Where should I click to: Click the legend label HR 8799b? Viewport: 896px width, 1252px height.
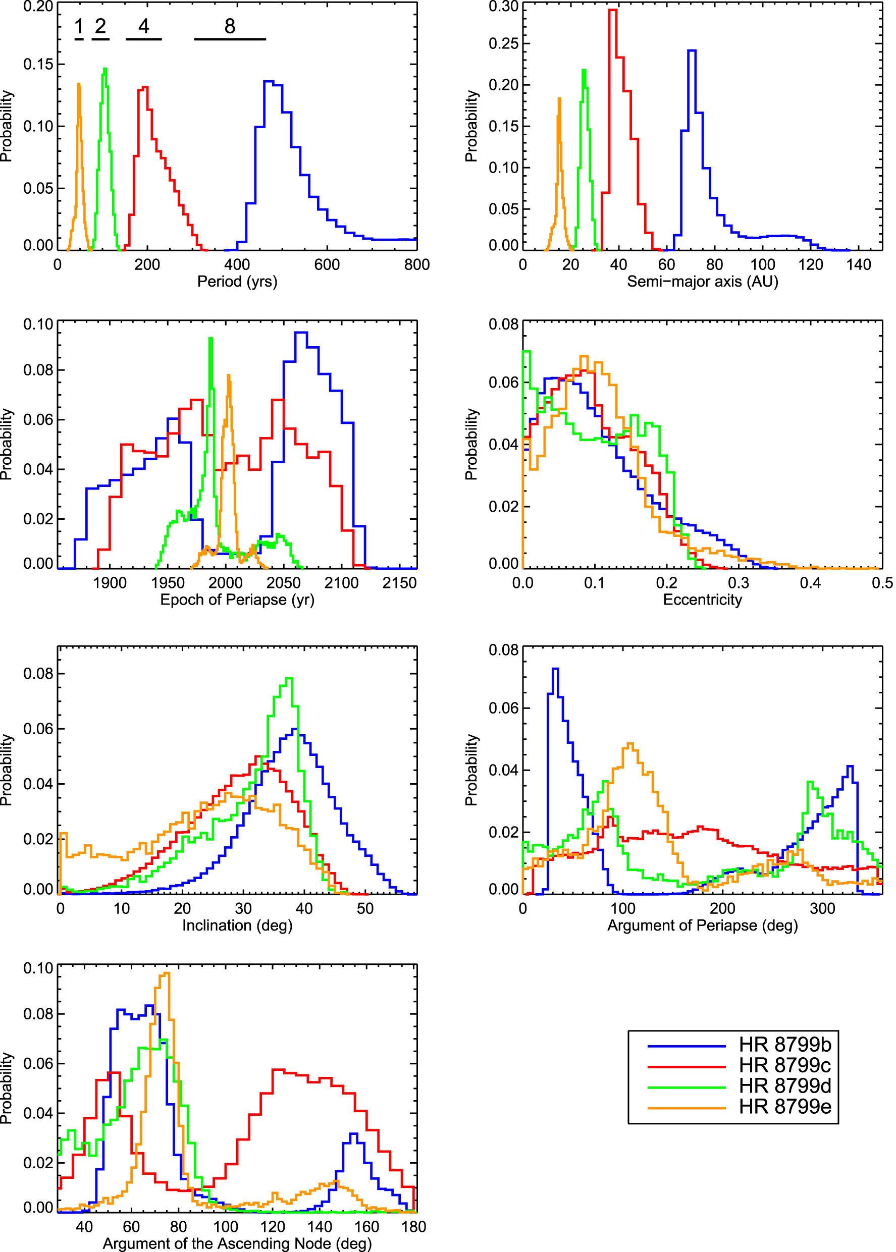784,1045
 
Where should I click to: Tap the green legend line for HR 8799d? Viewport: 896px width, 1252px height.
686,1087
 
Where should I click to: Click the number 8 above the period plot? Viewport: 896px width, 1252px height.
230,26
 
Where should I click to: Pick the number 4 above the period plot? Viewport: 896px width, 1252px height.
143,26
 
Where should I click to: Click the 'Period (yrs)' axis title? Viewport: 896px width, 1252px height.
237,281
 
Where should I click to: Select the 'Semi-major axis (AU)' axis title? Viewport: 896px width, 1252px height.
702,281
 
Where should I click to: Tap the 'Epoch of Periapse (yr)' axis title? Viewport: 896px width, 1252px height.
237,600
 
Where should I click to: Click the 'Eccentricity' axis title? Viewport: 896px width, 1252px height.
702,600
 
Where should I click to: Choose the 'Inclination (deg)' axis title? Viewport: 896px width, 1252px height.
237,925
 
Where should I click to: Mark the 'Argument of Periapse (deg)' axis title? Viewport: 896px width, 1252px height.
702,925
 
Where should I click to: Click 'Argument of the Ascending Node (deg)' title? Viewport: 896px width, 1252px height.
237,1244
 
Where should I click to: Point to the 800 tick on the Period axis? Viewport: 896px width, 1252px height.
416,265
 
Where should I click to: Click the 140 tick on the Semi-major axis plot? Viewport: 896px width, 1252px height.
859,265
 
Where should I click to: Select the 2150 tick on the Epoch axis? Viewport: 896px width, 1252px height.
399,583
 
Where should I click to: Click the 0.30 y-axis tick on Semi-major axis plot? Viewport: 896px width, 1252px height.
503,7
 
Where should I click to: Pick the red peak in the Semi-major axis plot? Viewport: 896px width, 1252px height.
612,10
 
